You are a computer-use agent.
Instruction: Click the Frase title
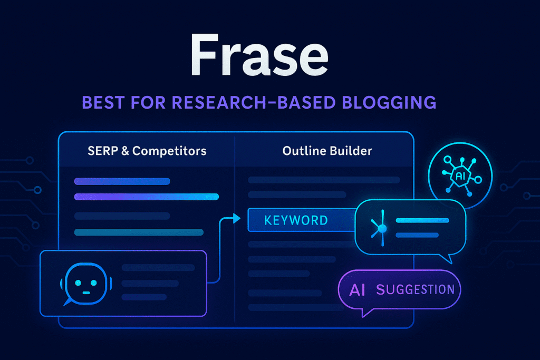point(259,55)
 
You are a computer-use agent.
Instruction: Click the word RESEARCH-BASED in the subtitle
point(254,103)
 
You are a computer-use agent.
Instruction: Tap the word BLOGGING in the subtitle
point(389,103)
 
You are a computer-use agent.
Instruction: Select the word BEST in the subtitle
point(103,103)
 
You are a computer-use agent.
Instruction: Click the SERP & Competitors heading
point(147,151)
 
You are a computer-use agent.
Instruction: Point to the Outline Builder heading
point(327,151)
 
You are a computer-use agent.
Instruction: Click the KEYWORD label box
point(302,220)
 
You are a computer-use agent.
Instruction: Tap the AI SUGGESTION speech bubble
point(400,291)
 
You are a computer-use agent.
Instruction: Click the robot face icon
point(86,284)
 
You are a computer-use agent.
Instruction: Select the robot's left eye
point(78,283)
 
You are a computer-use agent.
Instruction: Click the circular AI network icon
point(460,176)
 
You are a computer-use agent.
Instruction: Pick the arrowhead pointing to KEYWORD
point(237,218)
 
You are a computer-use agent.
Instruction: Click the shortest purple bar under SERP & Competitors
point(122,181)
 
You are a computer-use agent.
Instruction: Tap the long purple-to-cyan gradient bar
point(147,197)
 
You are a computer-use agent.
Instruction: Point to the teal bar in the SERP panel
point(139,232)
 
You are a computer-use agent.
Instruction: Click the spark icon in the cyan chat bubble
point(380,228)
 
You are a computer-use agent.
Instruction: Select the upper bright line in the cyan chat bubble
point(422,221)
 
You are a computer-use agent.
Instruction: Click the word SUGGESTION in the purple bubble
point(416,290)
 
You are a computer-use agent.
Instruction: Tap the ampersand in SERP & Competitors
point(126,151)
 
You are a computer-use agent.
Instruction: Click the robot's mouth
point(86,293)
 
